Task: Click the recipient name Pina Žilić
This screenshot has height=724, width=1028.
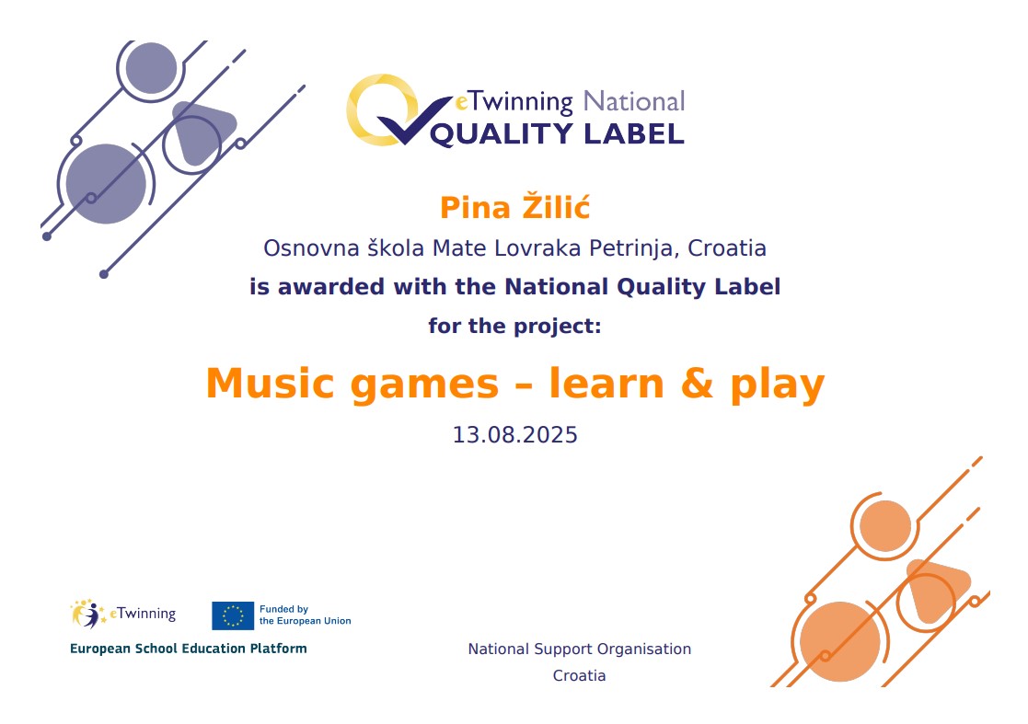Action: point(514,207)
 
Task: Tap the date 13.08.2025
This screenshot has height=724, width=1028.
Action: point(514,435)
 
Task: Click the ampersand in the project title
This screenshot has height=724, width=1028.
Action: point(697,384)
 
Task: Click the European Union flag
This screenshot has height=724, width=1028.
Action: point(233,615)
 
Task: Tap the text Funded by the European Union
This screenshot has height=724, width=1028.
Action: point(305,615)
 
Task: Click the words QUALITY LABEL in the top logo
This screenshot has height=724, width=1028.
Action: point(558,134)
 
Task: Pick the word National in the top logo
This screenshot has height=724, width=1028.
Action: point(634,101)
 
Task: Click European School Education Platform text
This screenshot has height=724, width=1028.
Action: point(188,649)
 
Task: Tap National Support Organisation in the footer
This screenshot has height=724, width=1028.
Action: point(580,649)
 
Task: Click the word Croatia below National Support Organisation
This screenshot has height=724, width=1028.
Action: point(580,675)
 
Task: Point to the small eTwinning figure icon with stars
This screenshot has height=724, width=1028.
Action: point(88,615)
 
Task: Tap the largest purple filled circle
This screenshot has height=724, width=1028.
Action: point(106,184)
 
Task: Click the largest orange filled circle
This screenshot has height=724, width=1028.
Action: point(840,641)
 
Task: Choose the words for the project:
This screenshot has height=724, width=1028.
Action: point(514,326)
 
